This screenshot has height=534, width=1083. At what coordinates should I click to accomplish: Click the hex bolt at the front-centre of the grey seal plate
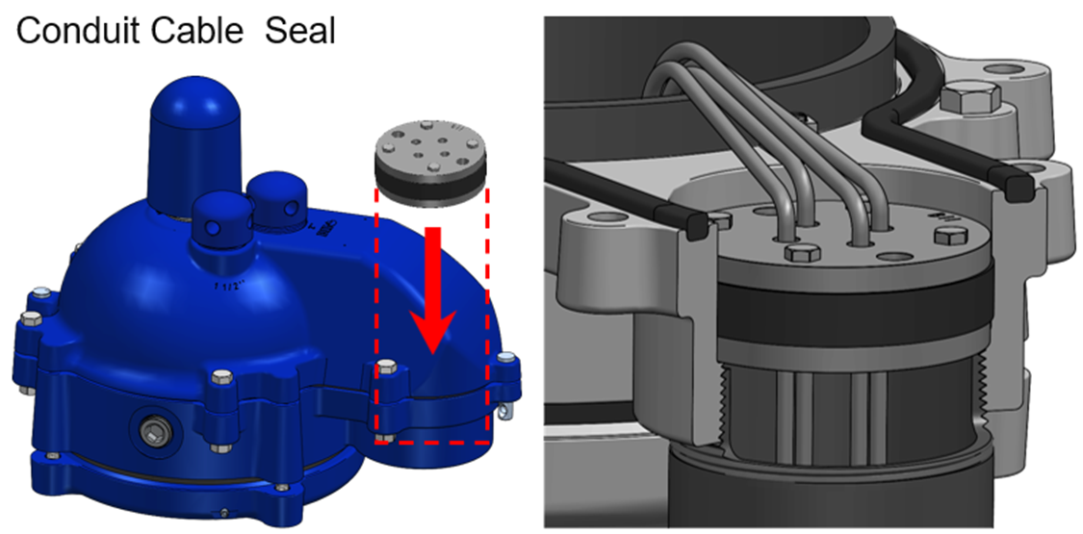pyautogui.click(x=801, y=254)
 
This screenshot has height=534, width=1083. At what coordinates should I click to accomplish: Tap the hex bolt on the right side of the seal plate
pyautogui.click(x=947, y=236)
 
